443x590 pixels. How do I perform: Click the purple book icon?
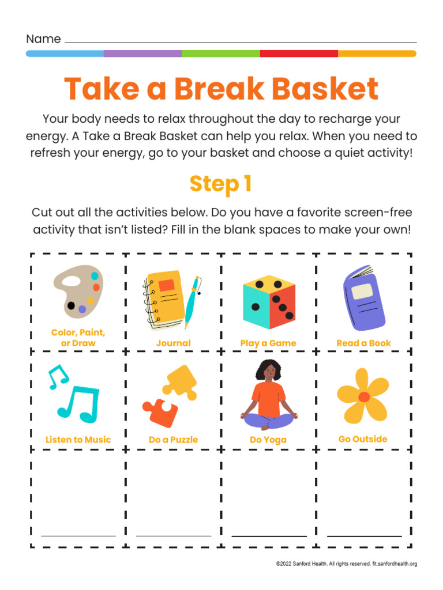[363, 298]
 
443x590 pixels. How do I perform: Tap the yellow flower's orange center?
[364, 396]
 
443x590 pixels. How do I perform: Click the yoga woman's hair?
[268, 369]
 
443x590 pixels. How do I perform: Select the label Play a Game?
[268, 343]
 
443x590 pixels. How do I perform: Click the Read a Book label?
[363, 343]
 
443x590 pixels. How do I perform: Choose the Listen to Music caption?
[78, 440]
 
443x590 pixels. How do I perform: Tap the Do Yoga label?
[268, 440]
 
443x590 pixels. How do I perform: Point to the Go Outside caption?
[363, 439]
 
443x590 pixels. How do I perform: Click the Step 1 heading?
[221, 184]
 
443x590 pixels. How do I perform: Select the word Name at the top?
[43, 39]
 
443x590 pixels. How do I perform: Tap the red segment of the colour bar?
[299, 54]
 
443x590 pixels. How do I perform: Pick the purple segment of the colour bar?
[142, 54]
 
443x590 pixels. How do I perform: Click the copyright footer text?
[346, 563]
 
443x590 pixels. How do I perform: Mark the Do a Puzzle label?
[173, 440]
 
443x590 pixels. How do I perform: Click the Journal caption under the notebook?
[173, 343]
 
